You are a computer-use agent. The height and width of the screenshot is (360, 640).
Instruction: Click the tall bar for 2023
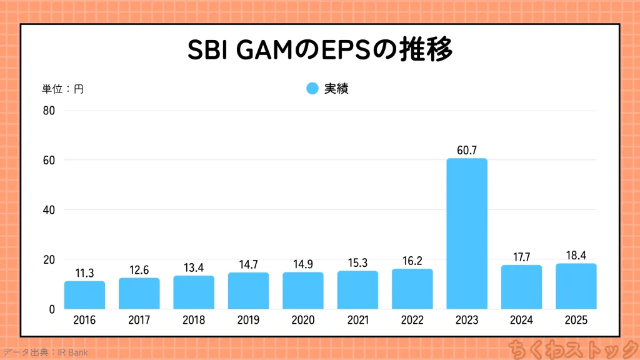(467, 234)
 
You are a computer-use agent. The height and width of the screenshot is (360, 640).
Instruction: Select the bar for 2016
(84, 295)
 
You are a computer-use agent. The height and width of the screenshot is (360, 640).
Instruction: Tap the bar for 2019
(248, 291)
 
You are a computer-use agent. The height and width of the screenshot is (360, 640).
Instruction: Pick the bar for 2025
(576, 286)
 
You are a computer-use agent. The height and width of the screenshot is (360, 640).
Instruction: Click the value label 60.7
(467, 150)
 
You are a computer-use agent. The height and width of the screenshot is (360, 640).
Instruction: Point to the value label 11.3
(84, 273)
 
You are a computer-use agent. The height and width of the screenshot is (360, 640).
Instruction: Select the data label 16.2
(412, 261)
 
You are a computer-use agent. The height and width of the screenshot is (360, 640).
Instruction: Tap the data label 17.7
(521, 257)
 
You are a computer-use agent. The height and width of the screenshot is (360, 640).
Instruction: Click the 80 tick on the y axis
(49, 111)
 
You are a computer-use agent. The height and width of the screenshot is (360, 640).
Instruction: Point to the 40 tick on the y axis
(49, 210)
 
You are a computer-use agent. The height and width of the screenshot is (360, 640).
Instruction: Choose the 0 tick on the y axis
(52, 309)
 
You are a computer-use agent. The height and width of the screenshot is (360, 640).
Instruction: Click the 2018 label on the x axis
(194, 321)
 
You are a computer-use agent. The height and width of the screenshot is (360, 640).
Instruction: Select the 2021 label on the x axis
(357, 321)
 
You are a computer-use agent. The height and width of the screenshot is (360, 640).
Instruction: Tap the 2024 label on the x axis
(521, 321)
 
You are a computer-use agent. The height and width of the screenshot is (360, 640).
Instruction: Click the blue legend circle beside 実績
(312, 89)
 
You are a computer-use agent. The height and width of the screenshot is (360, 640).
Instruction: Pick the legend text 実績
(336, 89)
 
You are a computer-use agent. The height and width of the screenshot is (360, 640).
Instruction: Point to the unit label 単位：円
(62, 89)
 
